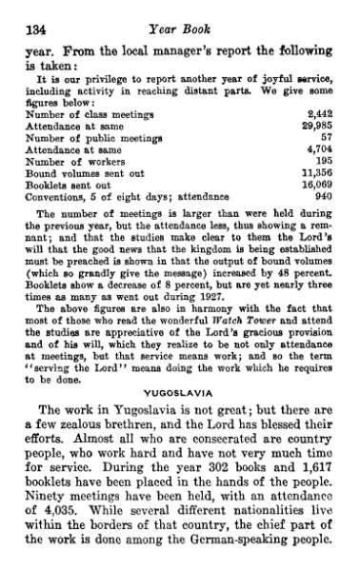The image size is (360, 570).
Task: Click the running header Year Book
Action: pyautogui.click(x=189, y=30)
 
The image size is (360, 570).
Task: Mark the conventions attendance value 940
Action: pyautogui.click(x=330, y=191)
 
